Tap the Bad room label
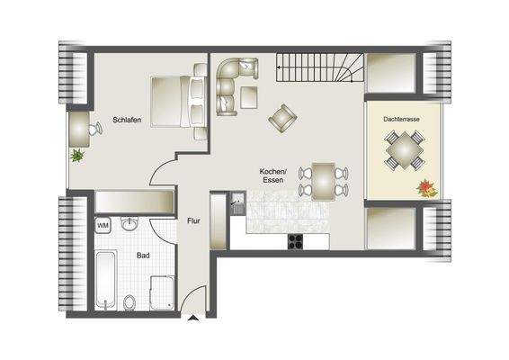(x=143, y=255)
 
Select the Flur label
(x=192, y=220)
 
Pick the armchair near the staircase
(x=281, y=116)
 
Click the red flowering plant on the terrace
(x=425, y=188)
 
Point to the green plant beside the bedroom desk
(x=78, y=156)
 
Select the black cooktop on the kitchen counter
(x=296, y=240)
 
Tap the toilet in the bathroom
(x=130, y=300)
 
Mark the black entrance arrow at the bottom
(x=193, y=317)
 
